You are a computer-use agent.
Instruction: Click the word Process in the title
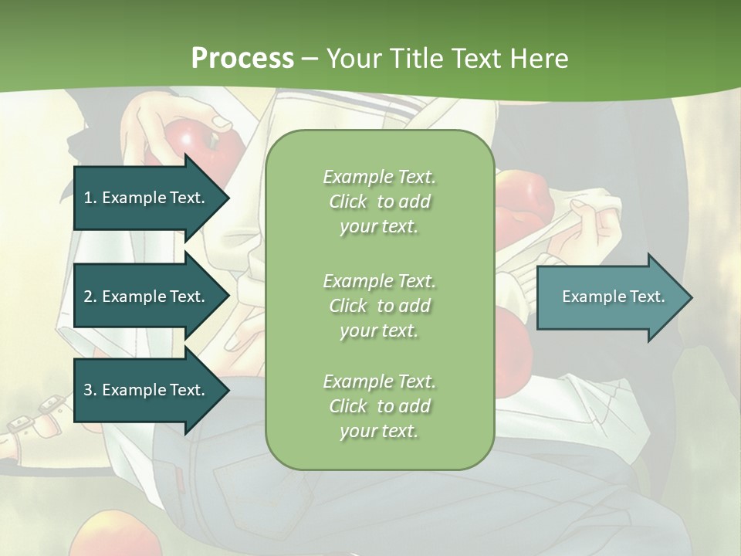coord(242,59)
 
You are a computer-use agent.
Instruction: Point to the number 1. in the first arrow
coord(90,198)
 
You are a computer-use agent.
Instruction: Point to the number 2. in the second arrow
coord(90,297)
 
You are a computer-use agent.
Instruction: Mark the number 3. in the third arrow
coord(90,390)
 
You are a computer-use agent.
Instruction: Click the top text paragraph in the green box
coord(379,202)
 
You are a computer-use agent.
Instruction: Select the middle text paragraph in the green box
coord(379,306)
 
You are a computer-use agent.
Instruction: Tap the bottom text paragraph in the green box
coord(379,406)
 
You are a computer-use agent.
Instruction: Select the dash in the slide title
coord(310,59)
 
